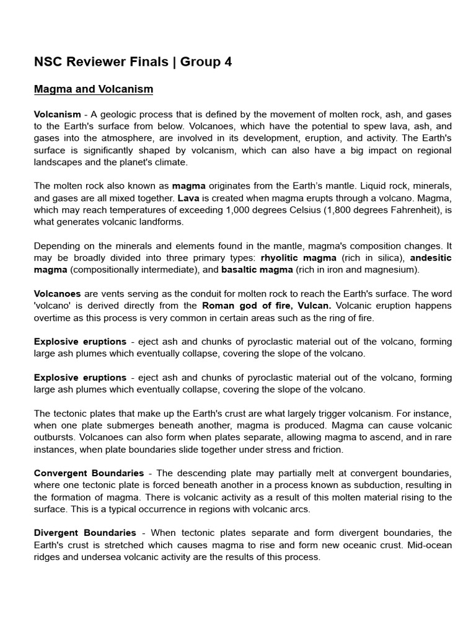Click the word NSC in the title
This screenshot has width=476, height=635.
(48, 62)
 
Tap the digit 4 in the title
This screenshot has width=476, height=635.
(227, 62)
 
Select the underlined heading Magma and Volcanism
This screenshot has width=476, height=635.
(93, 89)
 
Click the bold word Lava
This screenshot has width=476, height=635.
(188, 198)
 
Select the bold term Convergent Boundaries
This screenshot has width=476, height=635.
(89, 473)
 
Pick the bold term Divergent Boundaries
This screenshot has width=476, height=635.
(85, 533)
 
